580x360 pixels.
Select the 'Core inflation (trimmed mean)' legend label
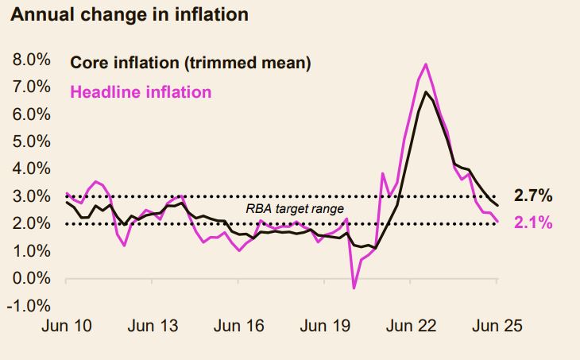pyautogui.click(x=190, y=62)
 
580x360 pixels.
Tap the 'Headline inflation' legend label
pyautogui.click(x=141, y=92)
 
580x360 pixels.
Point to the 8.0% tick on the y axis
pyautogui.click(x=30, y=60)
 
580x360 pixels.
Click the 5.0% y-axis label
pyautogui.click(x=30, y=141)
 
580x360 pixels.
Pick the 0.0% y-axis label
pyautogui.click(x=30, y=278)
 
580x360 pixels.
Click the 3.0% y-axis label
pyautogui.click(x=30, y=196)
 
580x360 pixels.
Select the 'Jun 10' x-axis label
pyautogui.click(x=66, y=327)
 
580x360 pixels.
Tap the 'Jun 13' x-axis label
pyautogui.click(x=153, y=327)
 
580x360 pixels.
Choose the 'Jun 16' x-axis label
pyautogui.click(x=238, y=327)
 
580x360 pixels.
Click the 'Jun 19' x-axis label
pyautogui.click(x=324, y=327)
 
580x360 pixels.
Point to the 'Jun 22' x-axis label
pyautogui.click(x=411, y=327)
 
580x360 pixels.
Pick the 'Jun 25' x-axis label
pyautogui.click(x=497, y=327)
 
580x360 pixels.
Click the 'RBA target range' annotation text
pyautogui.click(x=294, y=210)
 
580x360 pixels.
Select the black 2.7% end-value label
pyautogui.click(x=533, y=196)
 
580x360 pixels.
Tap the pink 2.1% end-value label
pyautogui.click(x=533, y=223)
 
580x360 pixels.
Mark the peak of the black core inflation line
pyautogui.click(x=427, y=92)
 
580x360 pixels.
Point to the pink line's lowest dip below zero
pyautogui.click(x=354, y=288)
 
